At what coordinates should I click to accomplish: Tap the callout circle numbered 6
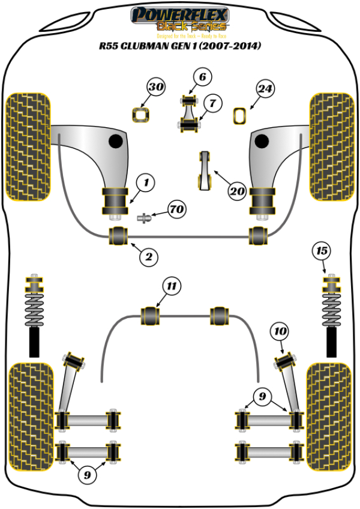pyautogui.click(x=203, y=77)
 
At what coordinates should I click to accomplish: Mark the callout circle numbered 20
pyautogui.click(x=237, y=191)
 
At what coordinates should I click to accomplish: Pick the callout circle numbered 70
pyautogui.click(x=176, y=210)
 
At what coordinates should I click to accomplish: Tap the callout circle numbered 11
pyautogui.click(x=172, y=287)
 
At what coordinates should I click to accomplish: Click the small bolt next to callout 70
pyautogui.click(x=145, y=217)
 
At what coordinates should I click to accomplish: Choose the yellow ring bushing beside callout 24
pyautogui.click(x=240, y=115)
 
